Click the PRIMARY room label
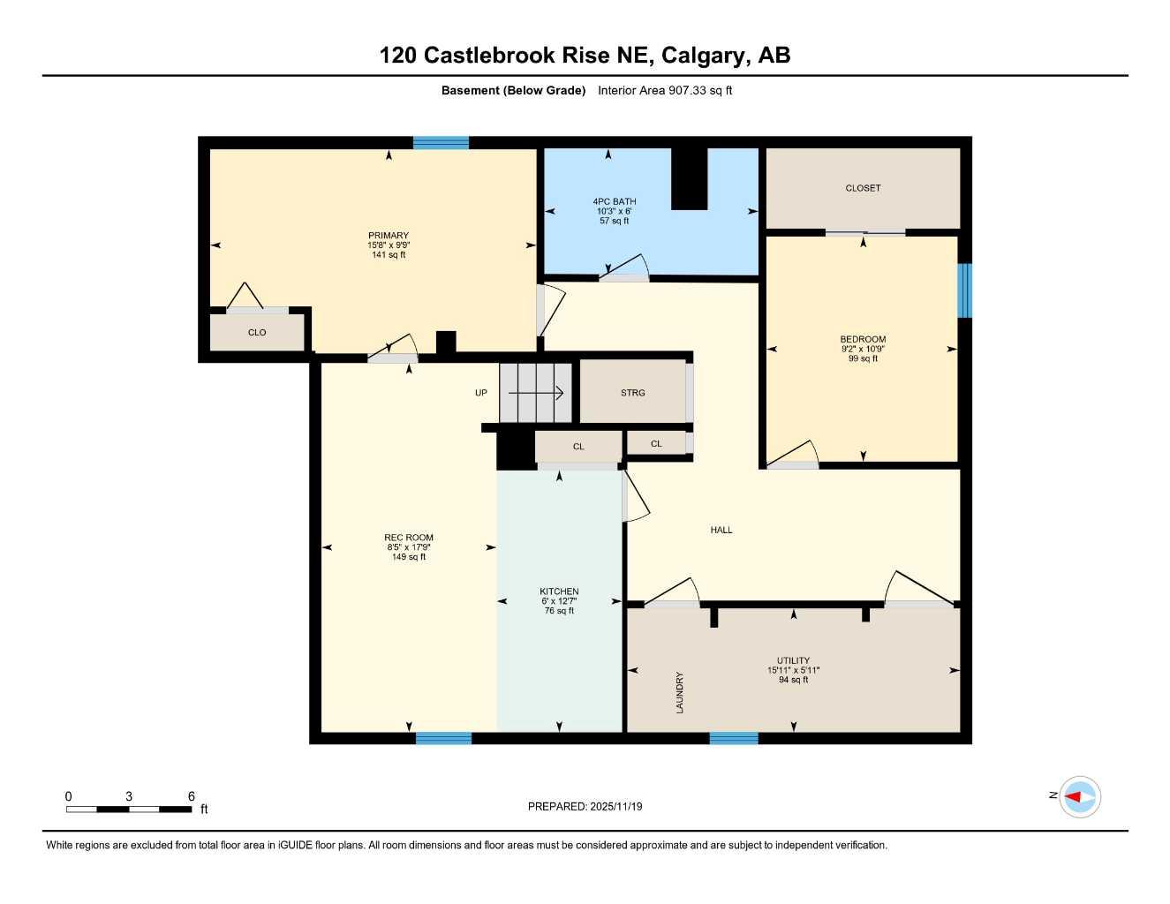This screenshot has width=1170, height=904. point(389,236)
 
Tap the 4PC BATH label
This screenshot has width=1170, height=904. point(615,201)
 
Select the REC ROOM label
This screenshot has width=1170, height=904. point(409,538)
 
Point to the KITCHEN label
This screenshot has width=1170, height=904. point(559,591)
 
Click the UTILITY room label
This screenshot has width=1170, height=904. point(793,660)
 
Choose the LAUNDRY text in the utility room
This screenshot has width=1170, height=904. point(680,693)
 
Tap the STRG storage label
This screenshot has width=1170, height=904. point(632,393)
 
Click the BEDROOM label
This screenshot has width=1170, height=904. point(863,339)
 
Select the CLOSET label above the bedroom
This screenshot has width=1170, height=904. point(863,188)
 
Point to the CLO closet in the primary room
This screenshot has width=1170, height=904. point(257,333)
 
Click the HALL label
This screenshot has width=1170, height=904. point(721,530)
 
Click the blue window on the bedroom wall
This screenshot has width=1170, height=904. point(965,290)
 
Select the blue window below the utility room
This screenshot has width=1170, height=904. point(734,738)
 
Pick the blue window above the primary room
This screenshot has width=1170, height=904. point(441,143)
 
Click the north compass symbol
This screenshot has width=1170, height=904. point(1080,796)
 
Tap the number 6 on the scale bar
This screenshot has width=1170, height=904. point(192,796)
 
